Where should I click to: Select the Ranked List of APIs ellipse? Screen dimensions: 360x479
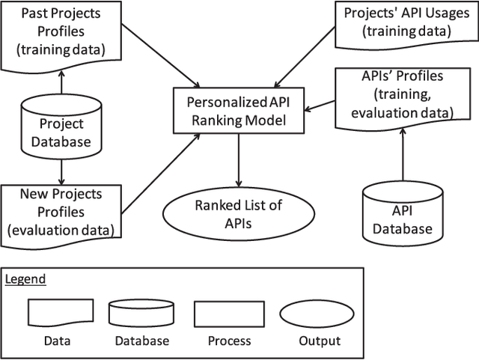click(x=239, y=215)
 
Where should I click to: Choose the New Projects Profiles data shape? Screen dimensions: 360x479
click(x=61, y=213)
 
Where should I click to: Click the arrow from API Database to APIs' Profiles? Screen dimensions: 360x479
click(x=403, y=153)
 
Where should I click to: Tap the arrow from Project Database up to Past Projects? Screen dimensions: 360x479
click(x=61, y=85)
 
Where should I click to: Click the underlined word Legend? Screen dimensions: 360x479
click(x=25, y=279)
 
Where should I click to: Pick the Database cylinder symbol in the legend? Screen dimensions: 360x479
click(x=141, y=313)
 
